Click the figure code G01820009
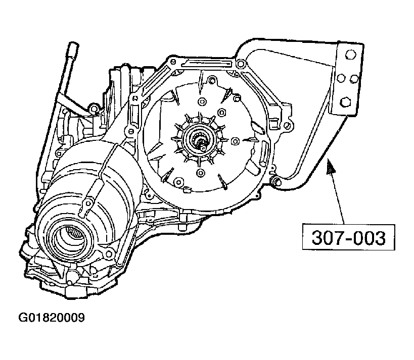tap(51, 318)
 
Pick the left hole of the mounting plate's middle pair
tap(342, 77)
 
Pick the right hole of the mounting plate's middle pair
tap(354, 77)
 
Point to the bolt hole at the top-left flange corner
tap(170, 66)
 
